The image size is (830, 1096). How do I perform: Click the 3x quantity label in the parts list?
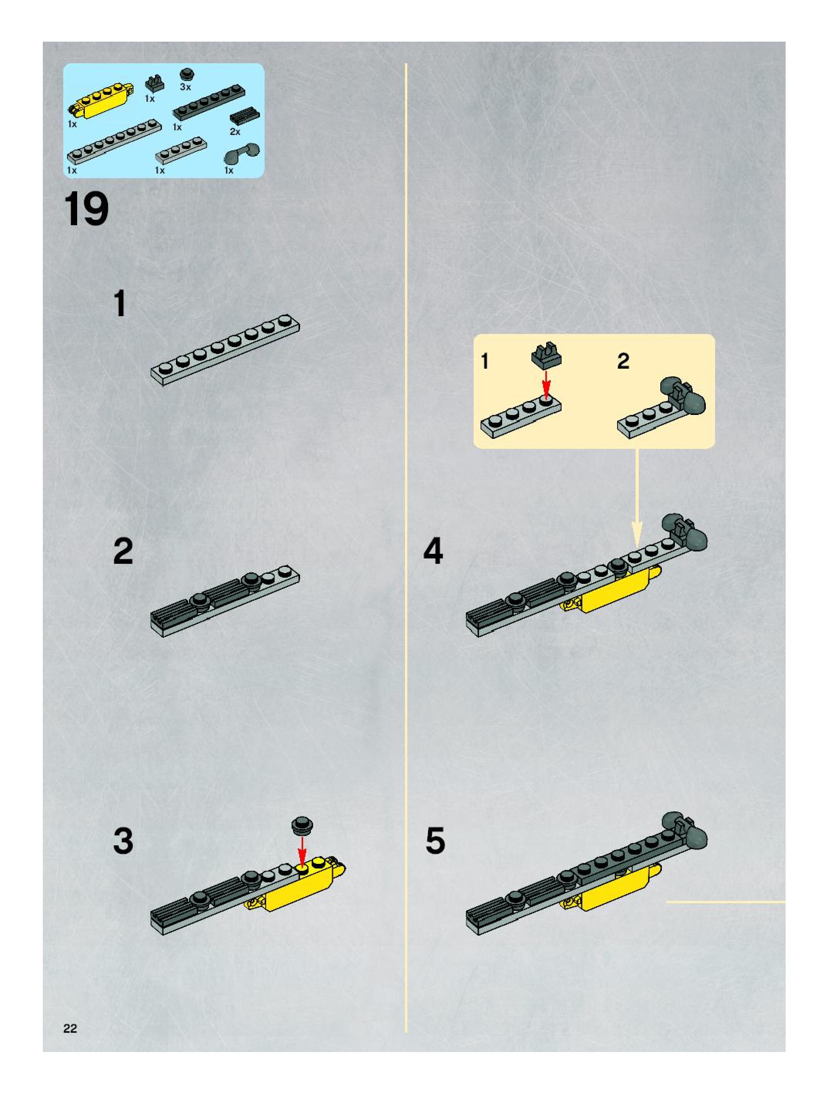click(186, 87)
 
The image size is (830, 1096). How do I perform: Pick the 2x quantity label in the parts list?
click(235, 132)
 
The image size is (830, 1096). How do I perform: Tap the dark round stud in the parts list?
click(187, 74)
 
